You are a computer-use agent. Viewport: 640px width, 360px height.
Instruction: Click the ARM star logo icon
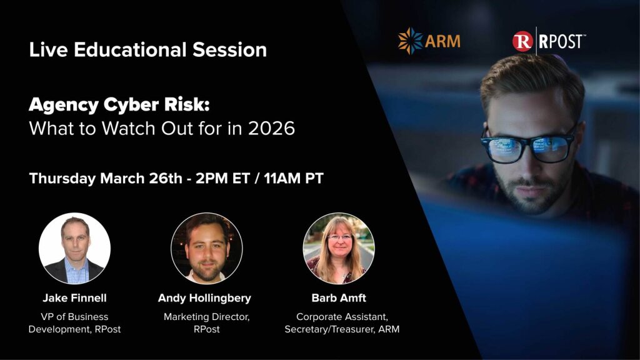click(x=411, y=41)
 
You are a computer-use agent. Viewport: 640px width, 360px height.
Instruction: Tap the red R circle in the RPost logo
click(x=522, y=41)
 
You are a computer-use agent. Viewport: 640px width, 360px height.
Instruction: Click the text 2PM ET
click(x=217, y=178)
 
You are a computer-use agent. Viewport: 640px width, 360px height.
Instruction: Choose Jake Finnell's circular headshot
click(x=74, y=248)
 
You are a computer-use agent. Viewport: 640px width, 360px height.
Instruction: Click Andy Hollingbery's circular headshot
click(x=207, y=248)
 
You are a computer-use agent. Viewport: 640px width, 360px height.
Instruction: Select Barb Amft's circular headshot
click(x=339, y=248)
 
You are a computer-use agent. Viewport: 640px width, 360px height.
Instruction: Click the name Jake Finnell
click(x=74, y=298)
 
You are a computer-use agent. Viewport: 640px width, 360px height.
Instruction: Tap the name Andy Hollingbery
click(x=204, y=298)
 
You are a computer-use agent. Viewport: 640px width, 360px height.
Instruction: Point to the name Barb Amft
click(x=337, y=298)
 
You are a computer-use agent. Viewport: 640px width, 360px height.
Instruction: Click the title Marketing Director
click(x=206, y=317)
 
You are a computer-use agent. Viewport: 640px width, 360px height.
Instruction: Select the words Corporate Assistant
click(x=338, y=317)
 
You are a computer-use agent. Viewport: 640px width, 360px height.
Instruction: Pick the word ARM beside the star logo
click(x=442, y=41)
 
